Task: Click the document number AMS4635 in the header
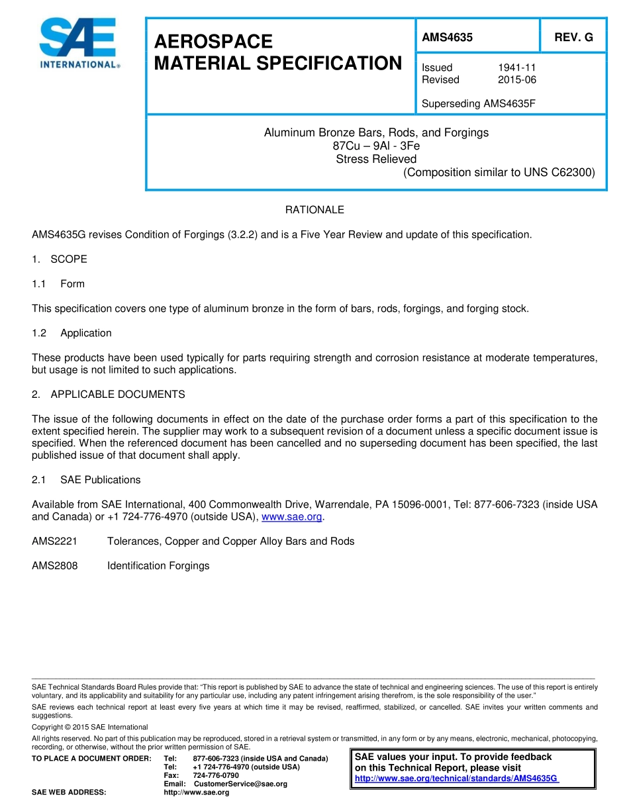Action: click(x=448, y=38)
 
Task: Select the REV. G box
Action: click(x=573, y=38)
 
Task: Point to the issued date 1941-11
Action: click(x=516, y=68)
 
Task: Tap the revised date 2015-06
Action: click(x=516, y=80)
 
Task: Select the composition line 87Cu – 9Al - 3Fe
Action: click(x=376, y=146)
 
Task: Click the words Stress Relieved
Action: click(x=376, y=159)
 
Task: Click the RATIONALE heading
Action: click(x=314, y=210)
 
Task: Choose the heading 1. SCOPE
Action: click(x=60, y=259)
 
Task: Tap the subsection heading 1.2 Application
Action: click(x=72, y=333)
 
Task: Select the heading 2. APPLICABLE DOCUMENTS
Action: click(x=109, y=395)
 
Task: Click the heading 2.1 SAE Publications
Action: click(x=86, y=480)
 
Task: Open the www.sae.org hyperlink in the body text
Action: click(x=291, y=517)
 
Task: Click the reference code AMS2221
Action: click(x=55, y=542)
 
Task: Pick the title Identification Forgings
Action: click(x=158, y=566)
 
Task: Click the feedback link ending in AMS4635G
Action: click(x=457, y=779)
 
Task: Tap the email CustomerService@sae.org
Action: click(x=240, y=784)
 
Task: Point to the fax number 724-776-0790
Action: click(x=216, y=775)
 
